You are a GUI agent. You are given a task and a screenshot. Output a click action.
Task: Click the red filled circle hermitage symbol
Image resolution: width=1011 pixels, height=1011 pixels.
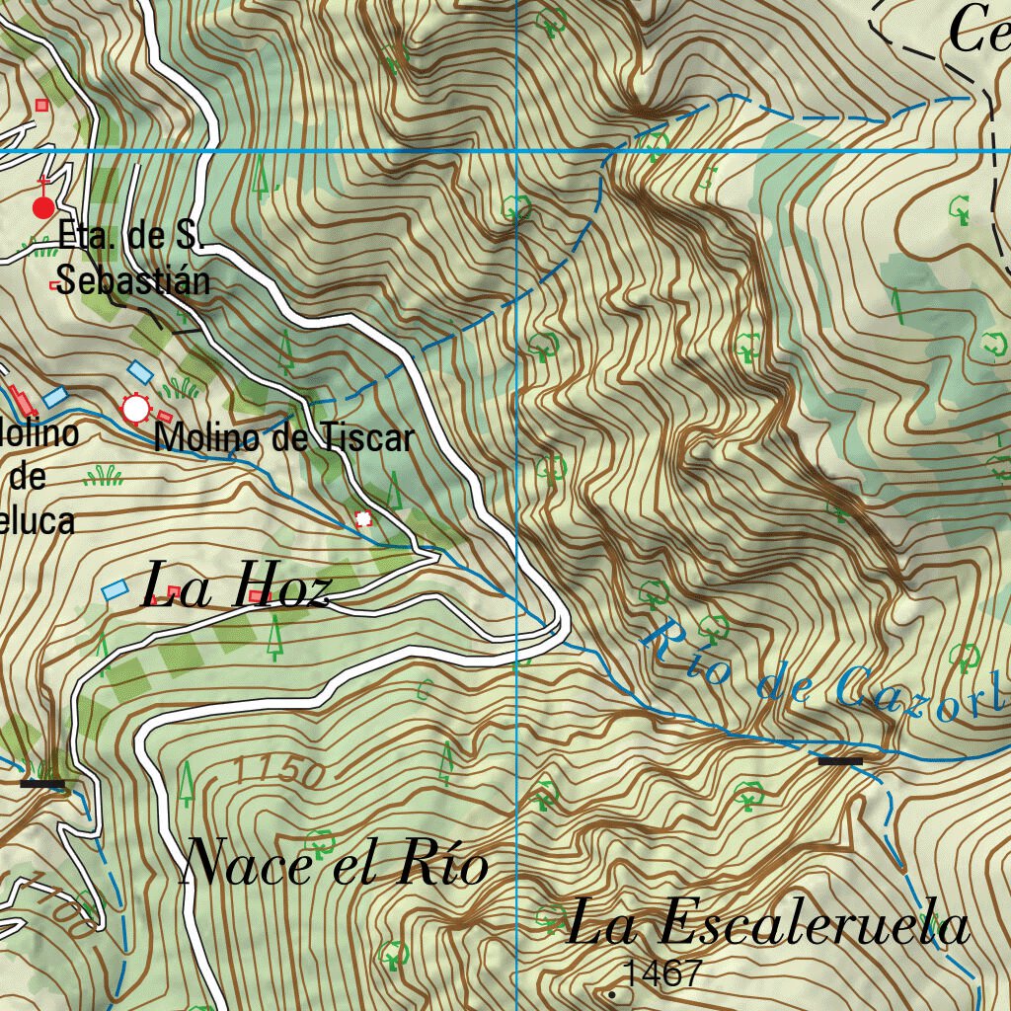coord(43,207)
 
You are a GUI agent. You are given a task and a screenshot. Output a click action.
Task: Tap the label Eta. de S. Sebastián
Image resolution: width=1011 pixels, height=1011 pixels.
coord(132,259)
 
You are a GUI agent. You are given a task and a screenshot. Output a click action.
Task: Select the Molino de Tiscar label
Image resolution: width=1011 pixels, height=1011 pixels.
coord(284,436)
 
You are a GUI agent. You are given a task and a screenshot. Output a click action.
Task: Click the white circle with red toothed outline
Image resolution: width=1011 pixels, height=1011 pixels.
coord(134,407)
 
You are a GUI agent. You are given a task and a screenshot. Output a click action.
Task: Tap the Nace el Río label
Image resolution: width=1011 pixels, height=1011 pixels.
coord(336,865)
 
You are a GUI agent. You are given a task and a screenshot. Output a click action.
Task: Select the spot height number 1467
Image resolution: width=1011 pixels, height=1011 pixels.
coord(663,974)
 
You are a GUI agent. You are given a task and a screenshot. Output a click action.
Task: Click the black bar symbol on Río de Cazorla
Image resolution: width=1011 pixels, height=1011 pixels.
coord(840,761)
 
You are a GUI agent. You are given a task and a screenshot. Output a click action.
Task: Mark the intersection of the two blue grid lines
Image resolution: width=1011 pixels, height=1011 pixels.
coord(517,151)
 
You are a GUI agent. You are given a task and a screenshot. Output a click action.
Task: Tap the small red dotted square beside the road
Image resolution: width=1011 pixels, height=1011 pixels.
coord(364,518)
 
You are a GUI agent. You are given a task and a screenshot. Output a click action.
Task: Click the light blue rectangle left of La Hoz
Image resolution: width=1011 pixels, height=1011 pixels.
coord(116,590)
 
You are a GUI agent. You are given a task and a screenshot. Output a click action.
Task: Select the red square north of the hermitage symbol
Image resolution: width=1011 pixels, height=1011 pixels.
coord(41,105)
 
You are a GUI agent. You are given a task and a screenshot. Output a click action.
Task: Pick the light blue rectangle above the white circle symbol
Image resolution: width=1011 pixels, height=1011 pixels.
coord(140,371)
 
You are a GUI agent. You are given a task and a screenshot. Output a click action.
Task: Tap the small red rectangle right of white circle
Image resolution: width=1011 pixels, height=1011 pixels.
coord(164,418)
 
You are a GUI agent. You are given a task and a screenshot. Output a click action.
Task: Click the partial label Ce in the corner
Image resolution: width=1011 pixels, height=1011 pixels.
coord(977,30)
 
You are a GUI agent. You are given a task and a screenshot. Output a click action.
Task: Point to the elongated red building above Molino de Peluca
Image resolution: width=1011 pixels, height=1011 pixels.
coord(23,401)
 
